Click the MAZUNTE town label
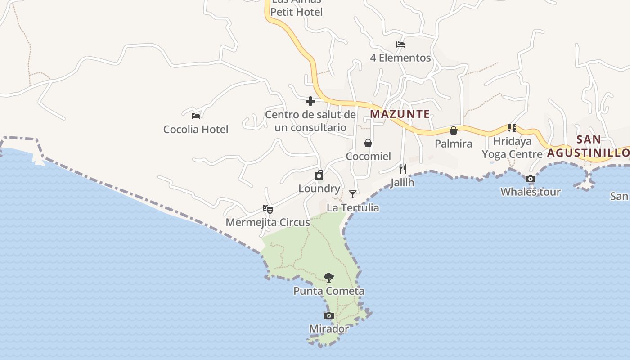click(400, 114)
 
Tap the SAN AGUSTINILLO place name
click(589, 146)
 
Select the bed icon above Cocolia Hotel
click(196, 116)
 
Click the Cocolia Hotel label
click(196, 130)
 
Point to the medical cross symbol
click(310, 101)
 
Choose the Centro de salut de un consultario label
click(310, 121)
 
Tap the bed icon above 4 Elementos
click(400, 44)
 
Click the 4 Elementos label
click(400, 58)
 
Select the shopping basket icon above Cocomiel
click(368, 143)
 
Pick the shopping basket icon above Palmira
click(454, 130)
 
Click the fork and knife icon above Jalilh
click(403, 169)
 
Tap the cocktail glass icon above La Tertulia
click(353, 194)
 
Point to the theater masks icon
click(268, 209)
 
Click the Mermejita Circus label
click(268, 222)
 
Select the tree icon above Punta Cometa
click(329, 277)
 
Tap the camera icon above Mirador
click(329, 315)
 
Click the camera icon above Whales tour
click(531, 179)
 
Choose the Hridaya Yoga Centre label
click(512, 148)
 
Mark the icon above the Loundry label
click(319, 175)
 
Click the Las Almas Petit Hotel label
click(297, 9)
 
